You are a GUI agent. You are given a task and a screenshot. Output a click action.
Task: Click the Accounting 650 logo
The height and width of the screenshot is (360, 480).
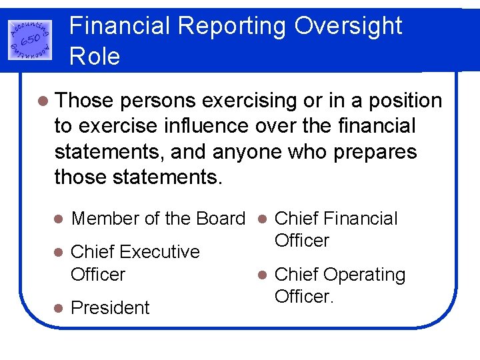[31, 37]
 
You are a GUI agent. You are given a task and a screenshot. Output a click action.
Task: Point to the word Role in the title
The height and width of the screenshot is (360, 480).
[95, 56]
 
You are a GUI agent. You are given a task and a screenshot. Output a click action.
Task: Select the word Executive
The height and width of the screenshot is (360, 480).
[160, 252]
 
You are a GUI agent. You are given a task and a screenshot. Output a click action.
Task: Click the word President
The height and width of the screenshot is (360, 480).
[110, 308]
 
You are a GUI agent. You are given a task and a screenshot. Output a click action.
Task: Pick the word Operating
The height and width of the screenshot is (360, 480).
[364, 275]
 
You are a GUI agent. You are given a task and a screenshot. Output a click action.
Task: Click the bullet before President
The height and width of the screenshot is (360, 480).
[58, 309]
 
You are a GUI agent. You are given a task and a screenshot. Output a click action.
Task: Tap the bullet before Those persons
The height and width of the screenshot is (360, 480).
[43, 101]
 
